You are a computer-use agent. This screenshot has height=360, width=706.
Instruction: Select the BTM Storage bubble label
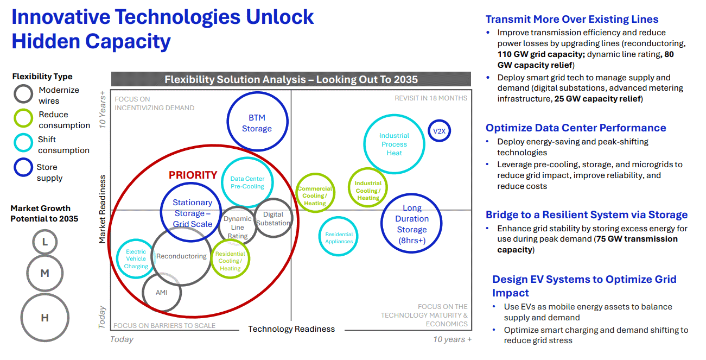(257, 123)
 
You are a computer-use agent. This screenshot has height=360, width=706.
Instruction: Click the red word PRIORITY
(193, 175)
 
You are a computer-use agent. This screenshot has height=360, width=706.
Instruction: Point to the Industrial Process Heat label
(394, 144)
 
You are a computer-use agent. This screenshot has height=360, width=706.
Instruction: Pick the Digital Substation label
(273, 218)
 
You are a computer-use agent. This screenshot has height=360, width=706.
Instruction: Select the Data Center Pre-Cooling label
(247, 182)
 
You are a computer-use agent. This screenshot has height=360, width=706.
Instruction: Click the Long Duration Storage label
(412, 224)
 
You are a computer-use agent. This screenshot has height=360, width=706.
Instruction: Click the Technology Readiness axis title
(291, 329)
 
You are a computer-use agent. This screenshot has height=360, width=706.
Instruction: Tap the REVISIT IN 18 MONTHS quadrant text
(431, 98)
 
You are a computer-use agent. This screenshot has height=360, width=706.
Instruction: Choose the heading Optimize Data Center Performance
(576, 128)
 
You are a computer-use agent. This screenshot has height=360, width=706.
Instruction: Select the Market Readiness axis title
(102, 209)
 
